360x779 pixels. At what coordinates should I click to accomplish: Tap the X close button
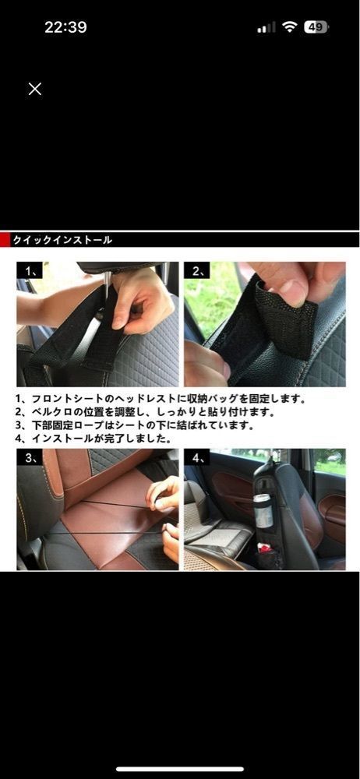[35, 89]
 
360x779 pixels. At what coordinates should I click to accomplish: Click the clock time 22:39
[65, 27]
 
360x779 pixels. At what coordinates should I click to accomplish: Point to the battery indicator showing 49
[316, 27]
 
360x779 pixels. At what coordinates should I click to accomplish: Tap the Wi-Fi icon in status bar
[289, 27]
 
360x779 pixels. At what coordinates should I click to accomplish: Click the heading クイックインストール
[62, 241]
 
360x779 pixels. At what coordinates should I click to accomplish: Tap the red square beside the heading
[5, 240]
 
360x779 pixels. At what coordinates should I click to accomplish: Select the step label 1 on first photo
[30, 270]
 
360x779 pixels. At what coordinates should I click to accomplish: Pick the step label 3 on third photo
[30, 457]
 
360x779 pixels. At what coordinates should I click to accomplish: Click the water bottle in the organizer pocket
[263, 511]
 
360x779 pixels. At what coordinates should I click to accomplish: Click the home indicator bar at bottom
[180, 770]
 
